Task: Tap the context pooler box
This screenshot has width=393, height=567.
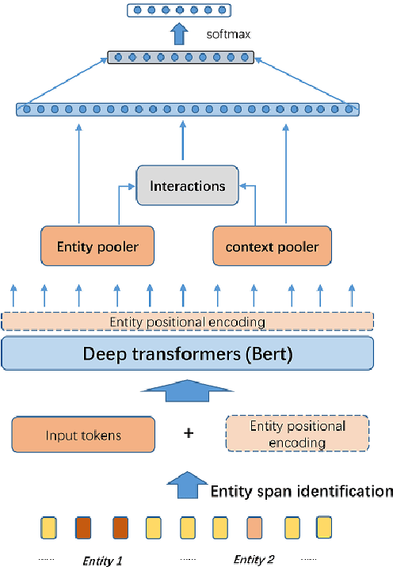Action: [x=272, y=246]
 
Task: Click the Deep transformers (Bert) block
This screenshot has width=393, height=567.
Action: [x=188, y=353]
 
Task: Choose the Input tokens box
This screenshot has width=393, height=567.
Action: [x=83, y=435]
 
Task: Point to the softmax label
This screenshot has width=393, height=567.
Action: [x=222, y=35]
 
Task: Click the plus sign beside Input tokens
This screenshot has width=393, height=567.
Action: [x=189, y=435]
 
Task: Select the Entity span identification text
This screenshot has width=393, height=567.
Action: [x=301, y=491]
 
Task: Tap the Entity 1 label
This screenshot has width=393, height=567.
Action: [x=103, y=560]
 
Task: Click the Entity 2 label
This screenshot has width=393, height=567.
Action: [x=254, y=560]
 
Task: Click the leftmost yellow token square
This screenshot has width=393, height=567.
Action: [x=49, y=527]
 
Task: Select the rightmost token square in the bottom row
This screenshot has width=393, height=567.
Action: [x=324, y=527]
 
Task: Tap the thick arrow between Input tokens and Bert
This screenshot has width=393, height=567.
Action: [x=187, y=390]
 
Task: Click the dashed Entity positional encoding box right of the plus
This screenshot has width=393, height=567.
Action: [x=297, y=435]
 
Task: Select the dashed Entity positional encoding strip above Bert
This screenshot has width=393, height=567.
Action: [x=188, y=322]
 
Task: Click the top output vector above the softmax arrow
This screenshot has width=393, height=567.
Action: [x=170, y=10]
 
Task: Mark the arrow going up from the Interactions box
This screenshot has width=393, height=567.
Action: [x=184, y=141]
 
